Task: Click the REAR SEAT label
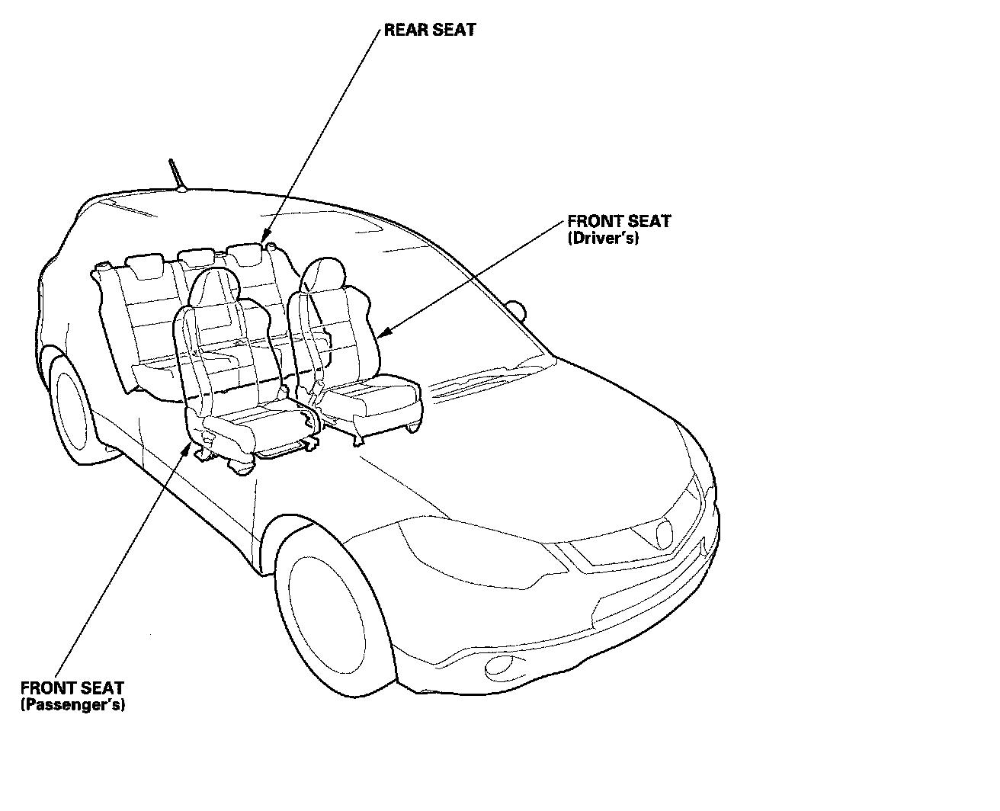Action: click(x=430, y=30)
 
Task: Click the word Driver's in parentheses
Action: click(x=603, y=238)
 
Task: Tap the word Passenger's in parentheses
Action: click(x=72, y=704)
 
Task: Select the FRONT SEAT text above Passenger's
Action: click(x=72, y=688)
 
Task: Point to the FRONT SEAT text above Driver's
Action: click(x=619, y=222)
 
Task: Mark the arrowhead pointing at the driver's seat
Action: click(x=383, y=333)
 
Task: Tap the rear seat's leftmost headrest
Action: click(x=146, y=264)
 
